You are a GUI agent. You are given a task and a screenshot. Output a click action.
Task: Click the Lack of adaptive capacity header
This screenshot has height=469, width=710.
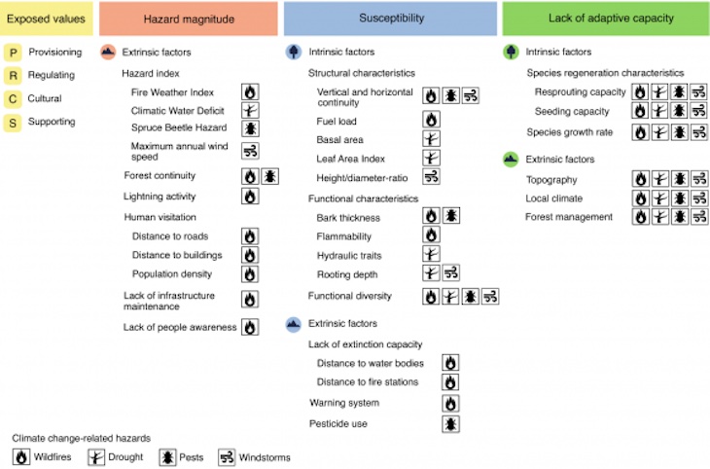point(605,18)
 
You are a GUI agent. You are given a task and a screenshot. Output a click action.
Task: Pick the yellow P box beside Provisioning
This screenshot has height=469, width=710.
point(13,53)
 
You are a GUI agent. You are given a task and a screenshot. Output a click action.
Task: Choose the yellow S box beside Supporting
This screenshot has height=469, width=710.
point(13,122)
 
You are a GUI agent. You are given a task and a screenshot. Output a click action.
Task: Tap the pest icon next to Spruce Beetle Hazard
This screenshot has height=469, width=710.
point(250,128)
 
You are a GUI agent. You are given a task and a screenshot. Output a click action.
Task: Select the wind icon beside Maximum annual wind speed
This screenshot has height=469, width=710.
point(250,151)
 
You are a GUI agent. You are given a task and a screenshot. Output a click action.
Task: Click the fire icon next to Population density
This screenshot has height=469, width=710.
point(250,274)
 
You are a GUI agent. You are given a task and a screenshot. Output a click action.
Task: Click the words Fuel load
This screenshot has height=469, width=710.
point(338,120)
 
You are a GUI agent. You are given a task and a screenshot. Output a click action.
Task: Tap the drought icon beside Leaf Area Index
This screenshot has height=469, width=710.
point(432,158)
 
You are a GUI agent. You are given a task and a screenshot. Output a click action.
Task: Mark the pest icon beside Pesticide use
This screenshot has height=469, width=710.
point(449,423)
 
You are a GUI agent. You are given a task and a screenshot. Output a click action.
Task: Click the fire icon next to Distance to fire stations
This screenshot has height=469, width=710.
point(449,381)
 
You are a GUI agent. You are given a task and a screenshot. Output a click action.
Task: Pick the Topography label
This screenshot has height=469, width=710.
point(551,179)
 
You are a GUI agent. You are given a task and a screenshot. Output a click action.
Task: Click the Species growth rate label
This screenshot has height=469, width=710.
point(569,131)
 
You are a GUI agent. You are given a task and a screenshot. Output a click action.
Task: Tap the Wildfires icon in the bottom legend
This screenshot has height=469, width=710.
point(21,456)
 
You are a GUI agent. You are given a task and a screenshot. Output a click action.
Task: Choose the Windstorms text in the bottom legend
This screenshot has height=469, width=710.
point(264,456)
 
